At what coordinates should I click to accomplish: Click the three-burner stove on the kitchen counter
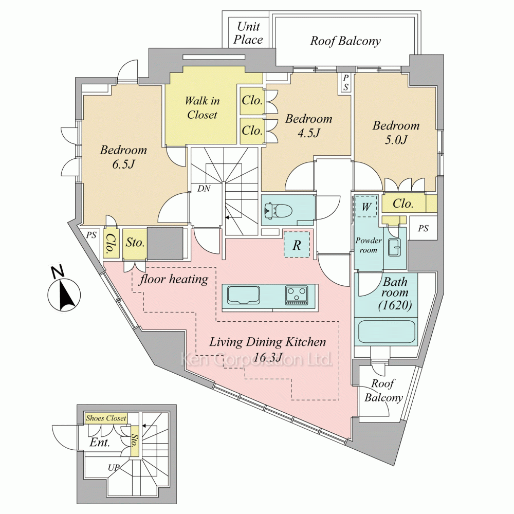click(x=296, y=296)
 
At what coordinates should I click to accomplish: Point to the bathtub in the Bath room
click(x=386, y=332)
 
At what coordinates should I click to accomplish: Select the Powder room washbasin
click(x=394, y=247)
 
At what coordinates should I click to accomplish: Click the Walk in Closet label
click(x=202, y=107)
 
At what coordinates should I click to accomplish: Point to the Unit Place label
click(x=248, y=33)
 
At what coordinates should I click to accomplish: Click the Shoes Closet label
click(x=106, y=418)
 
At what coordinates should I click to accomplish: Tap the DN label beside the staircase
click(x=204, y=189)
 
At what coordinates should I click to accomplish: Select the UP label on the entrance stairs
click(x=114, y=468)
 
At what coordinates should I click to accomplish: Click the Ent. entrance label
click(x=99, y=443)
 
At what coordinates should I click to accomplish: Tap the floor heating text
click(x=175, y=279)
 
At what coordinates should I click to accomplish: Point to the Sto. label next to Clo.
click(x=135, y=243)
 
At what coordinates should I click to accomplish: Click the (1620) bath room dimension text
click(x=394, y=306)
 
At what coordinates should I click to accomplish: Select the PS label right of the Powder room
click(x=423, y=228)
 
